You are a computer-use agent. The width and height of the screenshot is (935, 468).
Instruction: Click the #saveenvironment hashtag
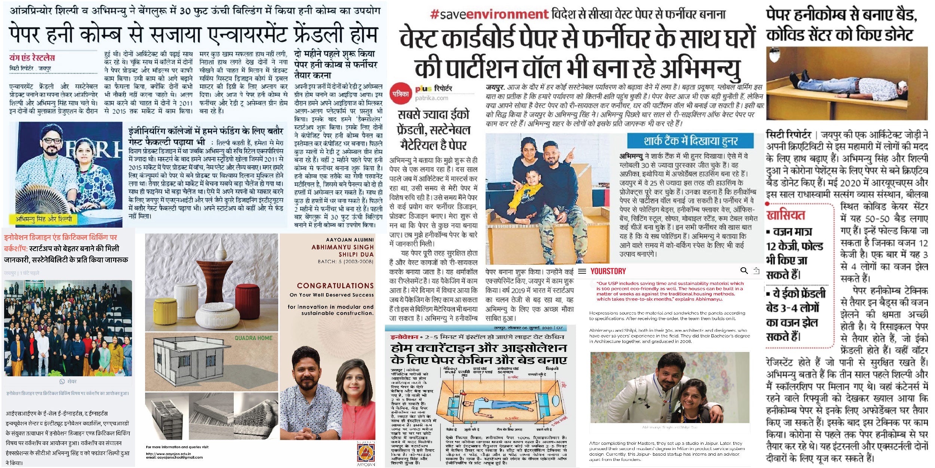[x=489, y=15]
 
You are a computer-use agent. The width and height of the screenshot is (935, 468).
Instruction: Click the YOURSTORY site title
[x=608, y=271]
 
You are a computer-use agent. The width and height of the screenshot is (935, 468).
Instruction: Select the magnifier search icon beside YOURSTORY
[x=744, y=271]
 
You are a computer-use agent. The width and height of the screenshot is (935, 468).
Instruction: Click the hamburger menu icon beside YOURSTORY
[x=582, y=271]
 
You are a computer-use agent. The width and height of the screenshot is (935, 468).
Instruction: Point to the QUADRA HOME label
[x=254, y=338]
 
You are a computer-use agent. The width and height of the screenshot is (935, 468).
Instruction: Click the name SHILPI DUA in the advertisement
[x=356, y=254]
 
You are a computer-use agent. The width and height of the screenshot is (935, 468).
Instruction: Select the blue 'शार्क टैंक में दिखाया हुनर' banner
[x=690, y=141]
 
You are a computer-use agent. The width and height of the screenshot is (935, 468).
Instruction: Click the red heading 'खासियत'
[x=785, y=215]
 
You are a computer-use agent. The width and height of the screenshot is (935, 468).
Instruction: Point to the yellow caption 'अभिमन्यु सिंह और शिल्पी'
[x=43, y=219]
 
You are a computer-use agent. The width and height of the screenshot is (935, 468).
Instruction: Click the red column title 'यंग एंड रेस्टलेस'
[x=32, y=58]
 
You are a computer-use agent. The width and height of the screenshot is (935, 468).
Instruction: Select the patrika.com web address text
[x=431, y=98]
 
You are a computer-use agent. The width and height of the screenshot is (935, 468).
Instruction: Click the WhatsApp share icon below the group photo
[x=62, y=381]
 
